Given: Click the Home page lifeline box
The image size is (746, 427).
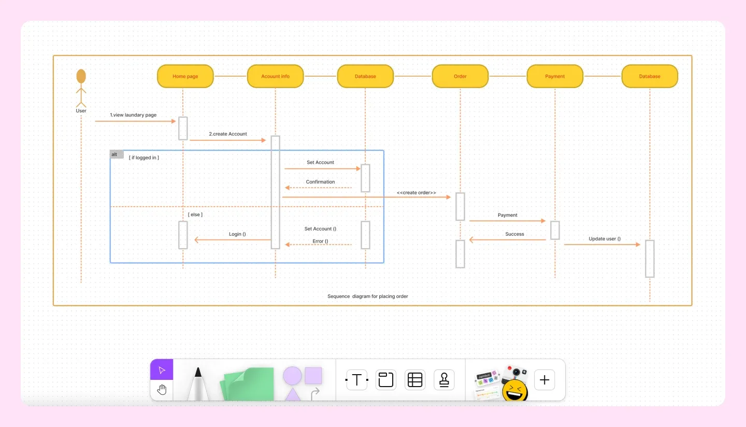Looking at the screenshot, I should [x=185, y=76].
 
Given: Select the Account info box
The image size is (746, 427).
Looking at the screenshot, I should [x=275, y=76].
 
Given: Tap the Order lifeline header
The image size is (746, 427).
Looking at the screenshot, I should [x=460, y=76].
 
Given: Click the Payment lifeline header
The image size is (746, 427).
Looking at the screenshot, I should [x=555, y=76].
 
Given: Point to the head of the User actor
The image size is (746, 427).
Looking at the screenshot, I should [x=81, y=76].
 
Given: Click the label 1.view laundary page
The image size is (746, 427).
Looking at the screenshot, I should [x=133, y=115].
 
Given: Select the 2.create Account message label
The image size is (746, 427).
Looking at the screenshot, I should [x=228, y=134].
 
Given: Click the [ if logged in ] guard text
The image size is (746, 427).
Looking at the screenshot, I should [x=144, y=158].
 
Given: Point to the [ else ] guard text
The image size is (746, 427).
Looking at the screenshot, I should [x=195, y=214].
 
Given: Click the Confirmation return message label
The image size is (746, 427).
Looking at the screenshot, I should [x=320, y=182].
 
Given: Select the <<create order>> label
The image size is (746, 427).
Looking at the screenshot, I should [x=417, y=193].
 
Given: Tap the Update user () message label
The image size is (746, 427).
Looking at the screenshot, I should [x=605, y=239].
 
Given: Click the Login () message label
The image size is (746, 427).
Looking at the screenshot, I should [x=237, y=234].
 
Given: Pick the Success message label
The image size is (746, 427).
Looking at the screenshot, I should [x=514, y=234].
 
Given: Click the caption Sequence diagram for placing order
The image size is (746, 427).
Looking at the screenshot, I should [x=368, y=296].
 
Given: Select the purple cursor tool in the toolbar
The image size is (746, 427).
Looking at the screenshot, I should [x=162, y=370].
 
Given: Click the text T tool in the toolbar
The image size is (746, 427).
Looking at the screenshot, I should [x=356, y=380].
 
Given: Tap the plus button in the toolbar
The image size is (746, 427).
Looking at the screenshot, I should [x=544, y=380].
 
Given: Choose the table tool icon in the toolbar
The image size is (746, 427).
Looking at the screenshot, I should [x=415, y=380].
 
